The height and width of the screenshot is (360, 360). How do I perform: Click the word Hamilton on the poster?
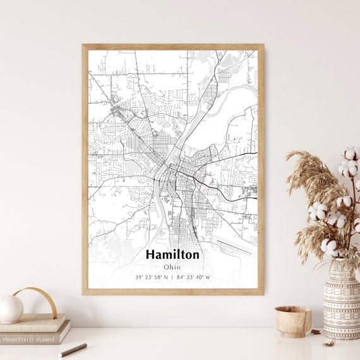point(172,255)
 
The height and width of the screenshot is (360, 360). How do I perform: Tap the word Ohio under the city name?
point(172,267)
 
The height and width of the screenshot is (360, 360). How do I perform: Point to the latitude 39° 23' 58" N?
point(151,277)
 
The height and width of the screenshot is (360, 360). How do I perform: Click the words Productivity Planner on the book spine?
point(28,339)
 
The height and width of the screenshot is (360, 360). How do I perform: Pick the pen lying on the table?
point(73,349)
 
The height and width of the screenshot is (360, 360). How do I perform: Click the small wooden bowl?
point(293,321)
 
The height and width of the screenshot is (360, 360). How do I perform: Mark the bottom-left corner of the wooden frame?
point(84,293)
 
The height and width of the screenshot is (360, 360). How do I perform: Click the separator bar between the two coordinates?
point(172,277)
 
